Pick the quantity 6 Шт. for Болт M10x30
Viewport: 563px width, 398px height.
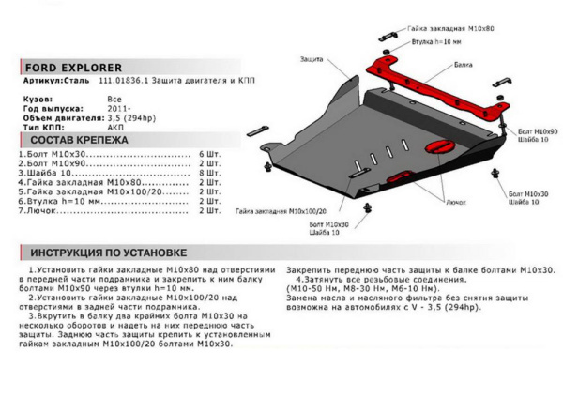point(209,153)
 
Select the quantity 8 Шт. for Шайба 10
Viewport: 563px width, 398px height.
point(209,172)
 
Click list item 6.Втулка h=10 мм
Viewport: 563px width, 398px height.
point(58,201)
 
